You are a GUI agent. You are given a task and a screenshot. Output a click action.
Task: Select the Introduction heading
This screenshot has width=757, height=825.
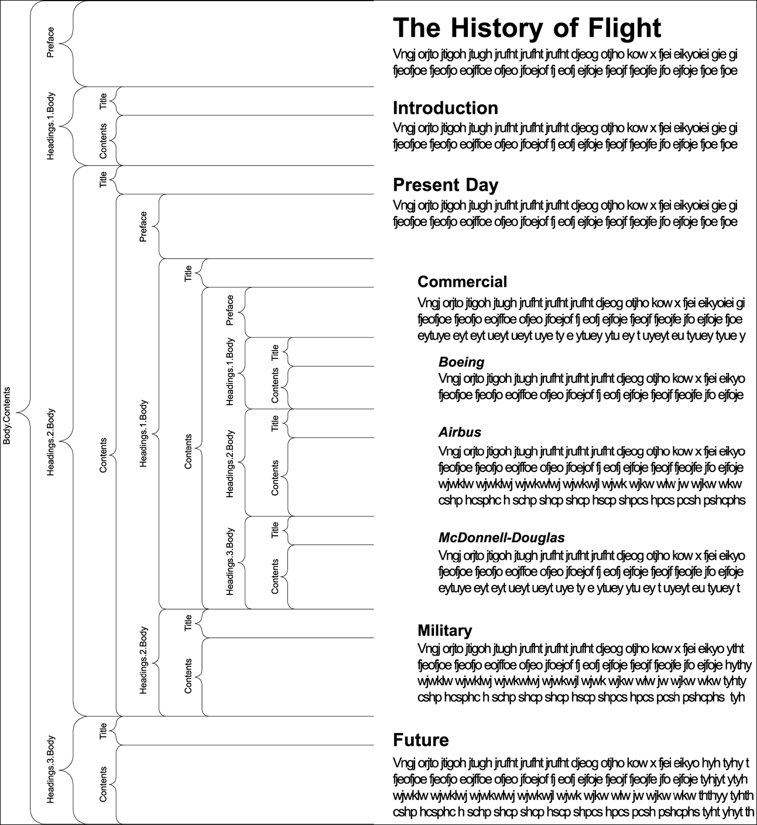tap(446, 108)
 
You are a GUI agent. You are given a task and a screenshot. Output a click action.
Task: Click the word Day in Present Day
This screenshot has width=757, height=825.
tap(478, 185)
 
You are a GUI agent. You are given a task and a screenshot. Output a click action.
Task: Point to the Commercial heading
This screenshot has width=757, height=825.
tap(462, 282)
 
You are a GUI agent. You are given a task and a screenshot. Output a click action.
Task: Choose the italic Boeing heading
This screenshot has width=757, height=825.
tap(461, 362)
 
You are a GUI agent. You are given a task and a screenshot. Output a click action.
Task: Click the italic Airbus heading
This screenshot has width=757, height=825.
tap(460, 432)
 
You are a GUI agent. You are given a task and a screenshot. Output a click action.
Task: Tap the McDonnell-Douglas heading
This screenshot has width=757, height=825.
tap(501, 538)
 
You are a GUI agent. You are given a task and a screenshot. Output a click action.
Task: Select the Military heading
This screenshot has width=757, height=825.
tap(444, 631)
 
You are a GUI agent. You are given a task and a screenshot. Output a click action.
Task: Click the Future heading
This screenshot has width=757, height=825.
tap(420, 740)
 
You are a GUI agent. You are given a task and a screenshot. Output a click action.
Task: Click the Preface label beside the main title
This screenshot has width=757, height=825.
tap(50, 43)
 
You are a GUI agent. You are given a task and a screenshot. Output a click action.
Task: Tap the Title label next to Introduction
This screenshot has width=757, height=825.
tap(104, 101)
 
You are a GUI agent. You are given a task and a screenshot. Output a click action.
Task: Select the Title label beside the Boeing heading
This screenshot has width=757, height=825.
tap(275, 352)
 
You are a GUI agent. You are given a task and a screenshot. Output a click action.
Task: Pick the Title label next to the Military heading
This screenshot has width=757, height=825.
tap(188, 623)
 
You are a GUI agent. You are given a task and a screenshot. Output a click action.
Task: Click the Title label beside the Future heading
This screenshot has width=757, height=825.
tap(104, 731)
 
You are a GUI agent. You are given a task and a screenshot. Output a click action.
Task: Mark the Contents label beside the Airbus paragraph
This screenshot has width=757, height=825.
tap(275, 478)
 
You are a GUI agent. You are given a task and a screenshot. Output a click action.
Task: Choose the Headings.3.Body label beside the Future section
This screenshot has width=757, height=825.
tap(50, 769)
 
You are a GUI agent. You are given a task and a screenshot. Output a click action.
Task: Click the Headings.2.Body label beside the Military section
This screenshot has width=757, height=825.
tap(143, 661)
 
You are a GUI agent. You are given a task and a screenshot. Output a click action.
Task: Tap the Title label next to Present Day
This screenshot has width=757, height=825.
tap(104, 179)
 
